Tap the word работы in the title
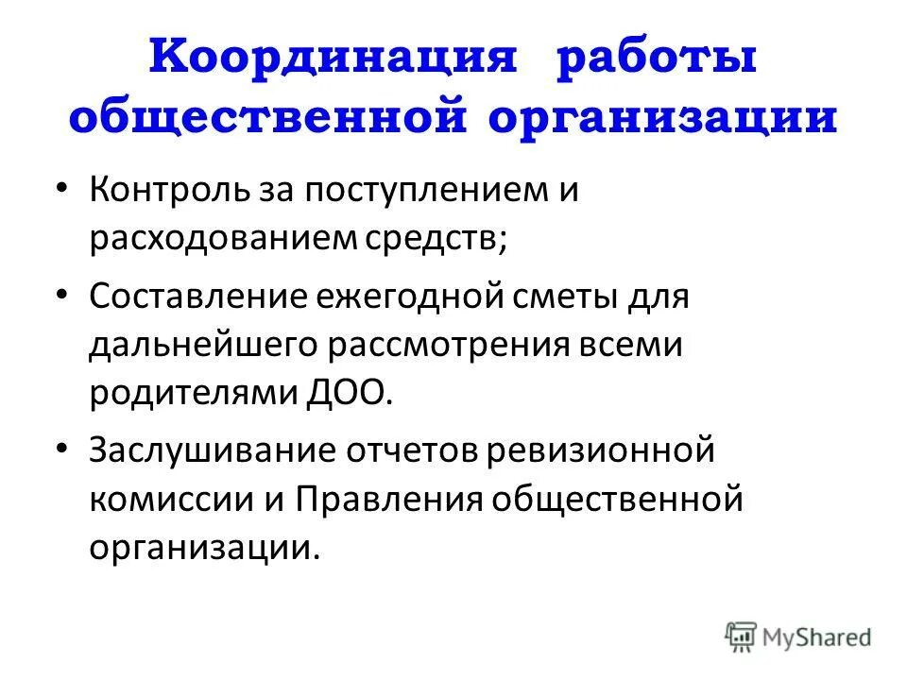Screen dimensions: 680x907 coord(657,61)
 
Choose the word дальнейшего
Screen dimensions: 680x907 coord(202,344)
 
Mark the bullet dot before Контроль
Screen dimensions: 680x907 coord(62,188)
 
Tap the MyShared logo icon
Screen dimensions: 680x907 coord(741,636)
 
